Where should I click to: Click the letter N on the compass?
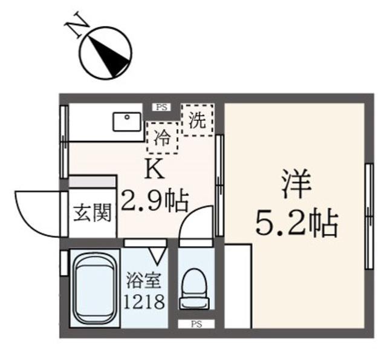[77, 24]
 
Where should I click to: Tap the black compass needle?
[110, 57]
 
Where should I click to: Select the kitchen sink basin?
[127, 122]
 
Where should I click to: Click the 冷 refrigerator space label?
[162, 138]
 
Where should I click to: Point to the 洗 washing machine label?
[198, 120]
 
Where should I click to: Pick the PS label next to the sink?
[161, 108]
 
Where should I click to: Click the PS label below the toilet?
[197, 324]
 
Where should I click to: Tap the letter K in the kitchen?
[155, 169]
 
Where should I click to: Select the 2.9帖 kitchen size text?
[155, 200]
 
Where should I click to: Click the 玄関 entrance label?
[93, 213]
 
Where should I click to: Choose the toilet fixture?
[195, 289]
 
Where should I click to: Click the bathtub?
[96, 289]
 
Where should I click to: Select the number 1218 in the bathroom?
[144, 301]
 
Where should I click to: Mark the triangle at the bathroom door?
[157, 254]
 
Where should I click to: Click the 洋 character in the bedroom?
[296, 184]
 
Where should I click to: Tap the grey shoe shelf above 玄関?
[92, 182]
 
